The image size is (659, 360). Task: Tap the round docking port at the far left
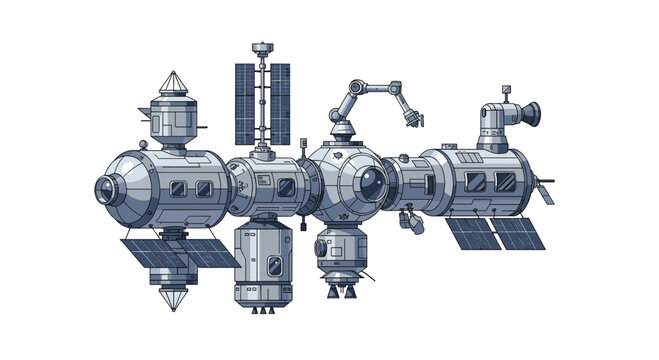108,188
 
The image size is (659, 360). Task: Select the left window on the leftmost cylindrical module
177,188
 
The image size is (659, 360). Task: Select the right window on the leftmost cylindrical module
203,188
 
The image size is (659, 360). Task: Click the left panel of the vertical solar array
246,103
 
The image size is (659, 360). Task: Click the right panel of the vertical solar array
280,103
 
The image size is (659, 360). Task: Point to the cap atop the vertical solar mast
262,48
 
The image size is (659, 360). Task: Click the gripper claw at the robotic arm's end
410,122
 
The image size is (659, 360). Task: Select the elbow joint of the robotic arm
357,89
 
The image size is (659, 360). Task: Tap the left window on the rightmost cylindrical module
476,181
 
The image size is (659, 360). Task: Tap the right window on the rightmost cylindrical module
504,181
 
